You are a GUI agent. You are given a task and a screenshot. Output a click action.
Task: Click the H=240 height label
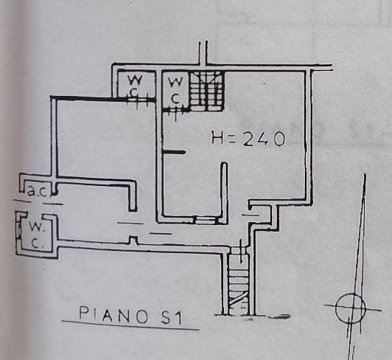(x=248, y=139)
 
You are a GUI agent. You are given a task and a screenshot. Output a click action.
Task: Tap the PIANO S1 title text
(x=130, y=316)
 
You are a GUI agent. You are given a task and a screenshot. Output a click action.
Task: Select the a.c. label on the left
(x=37, y=191)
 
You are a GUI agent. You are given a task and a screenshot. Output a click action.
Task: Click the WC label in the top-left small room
(x=135, y=86)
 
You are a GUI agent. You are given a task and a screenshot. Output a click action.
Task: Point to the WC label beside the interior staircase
(x=175, y=90)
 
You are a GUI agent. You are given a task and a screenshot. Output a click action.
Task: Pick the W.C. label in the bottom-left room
(x=35, y=235)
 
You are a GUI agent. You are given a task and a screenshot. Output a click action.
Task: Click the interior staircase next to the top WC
(x=206, y=91)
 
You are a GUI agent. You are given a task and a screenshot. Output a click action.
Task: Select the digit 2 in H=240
(x=249, y=139)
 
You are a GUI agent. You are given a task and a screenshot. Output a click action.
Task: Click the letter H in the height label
(x=217, y=138)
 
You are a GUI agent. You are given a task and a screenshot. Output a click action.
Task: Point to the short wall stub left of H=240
(x=174, y=152)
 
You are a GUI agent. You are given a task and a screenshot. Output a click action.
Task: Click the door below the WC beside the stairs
(x=176, y=111)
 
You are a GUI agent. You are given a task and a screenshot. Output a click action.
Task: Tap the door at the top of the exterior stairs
(x=239, y=250)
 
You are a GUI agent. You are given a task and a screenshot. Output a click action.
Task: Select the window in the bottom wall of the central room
(x=205, y=221)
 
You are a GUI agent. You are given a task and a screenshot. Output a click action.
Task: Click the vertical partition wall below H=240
(x=224, y=193)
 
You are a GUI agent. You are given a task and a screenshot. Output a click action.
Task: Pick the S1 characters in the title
(x=172, y=318)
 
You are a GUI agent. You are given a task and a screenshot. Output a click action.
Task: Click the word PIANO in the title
(x=113, y=315)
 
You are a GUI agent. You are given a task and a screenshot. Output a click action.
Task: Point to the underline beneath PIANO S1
(x=130, y=325)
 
